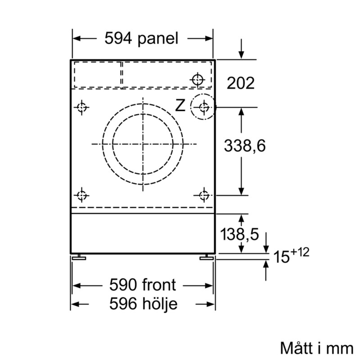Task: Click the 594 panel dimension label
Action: [x=141, y=38]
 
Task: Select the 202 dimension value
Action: [x=241, y=83]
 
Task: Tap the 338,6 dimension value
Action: [x=245, y=146]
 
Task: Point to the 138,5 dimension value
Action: [x=239, y=234]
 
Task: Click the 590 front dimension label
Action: [x=143, y=285]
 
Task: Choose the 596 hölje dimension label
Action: [x=143, y=304]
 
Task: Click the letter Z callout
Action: [x=180, y=106]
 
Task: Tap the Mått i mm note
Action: [x=317, y=348]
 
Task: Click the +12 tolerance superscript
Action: [x=300, y=252]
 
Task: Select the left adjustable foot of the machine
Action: [x=79, y=257]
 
